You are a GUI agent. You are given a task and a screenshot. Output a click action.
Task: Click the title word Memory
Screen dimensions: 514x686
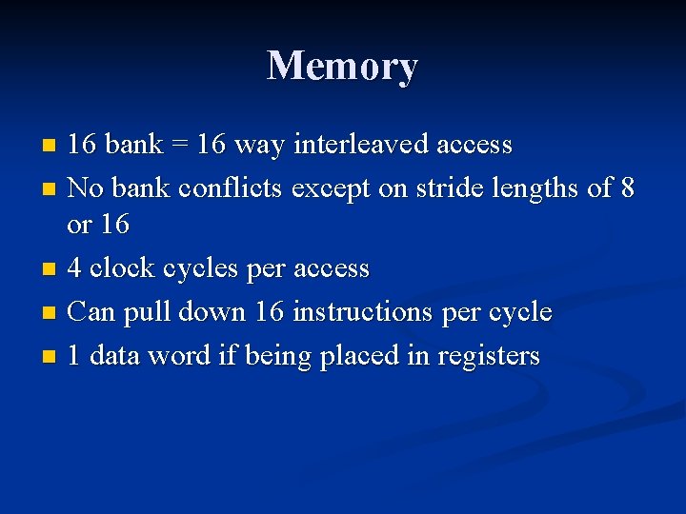point(343,66)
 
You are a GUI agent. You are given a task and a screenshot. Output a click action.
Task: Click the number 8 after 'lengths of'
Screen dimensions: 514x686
point(626,188)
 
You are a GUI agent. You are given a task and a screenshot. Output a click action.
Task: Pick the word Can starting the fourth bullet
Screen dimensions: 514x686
point(91,311)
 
